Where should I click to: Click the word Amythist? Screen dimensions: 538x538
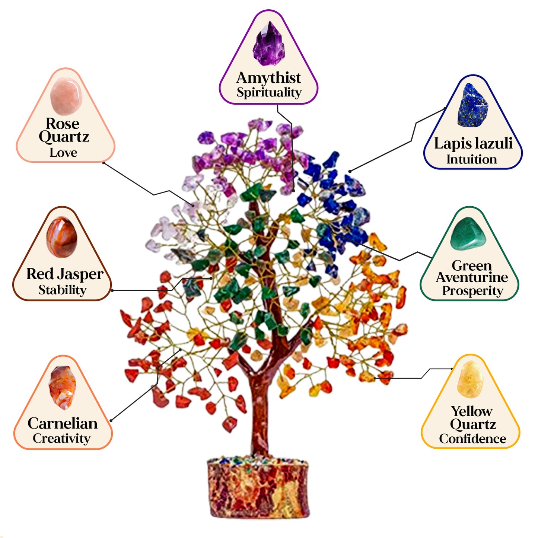(268, 78)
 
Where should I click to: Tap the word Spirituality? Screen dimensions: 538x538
(269, 92)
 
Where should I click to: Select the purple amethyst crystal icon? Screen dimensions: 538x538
(269, 44)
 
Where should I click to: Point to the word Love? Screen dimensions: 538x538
(64, 152)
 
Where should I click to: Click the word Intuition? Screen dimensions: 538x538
(472, 159)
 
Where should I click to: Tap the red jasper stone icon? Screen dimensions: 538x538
(62, 237)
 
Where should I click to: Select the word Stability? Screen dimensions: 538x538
(62, 290)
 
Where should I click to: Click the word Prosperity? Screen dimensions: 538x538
(472, 290)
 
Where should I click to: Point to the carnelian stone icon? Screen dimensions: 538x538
(62, 388)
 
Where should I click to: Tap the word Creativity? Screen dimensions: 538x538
(61, 438)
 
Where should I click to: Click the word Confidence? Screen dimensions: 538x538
(472, 439)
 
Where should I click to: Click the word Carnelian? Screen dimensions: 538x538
(63, 423)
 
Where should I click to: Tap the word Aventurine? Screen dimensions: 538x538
(472, 277)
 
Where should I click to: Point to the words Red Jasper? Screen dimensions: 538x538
(65, 274)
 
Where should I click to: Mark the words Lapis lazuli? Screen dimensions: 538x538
(473, 143)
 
